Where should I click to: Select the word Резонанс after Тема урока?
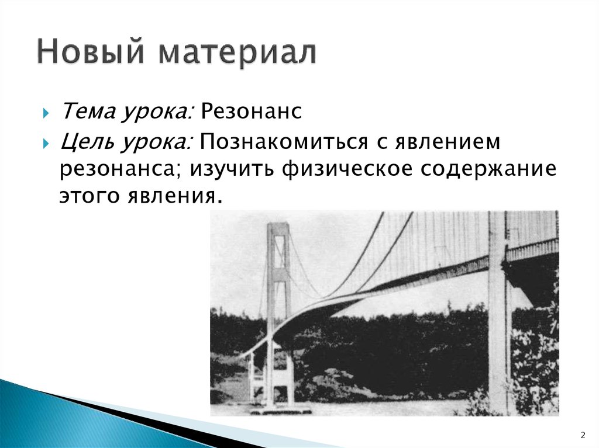(x=252, y=111)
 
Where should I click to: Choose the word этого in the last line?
(x=88, y=196)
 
